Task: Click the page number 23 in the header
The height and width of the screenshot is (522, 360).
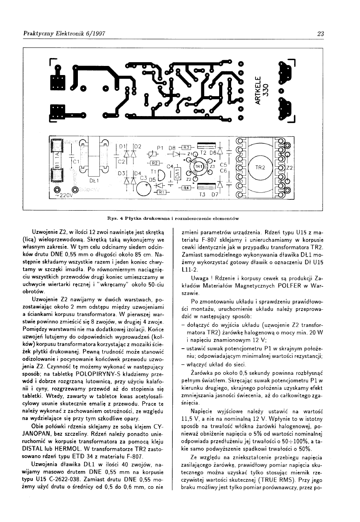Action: click(x=320, y=34)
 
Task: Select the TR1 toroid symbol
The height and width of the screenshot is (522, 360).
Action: click(x=199, y=167)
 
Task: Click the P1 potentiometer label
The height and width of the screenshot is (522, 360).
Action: click(x=161, y=147)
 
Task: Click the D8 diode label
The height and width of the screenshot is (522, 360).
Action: click(x=173, y=147)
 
